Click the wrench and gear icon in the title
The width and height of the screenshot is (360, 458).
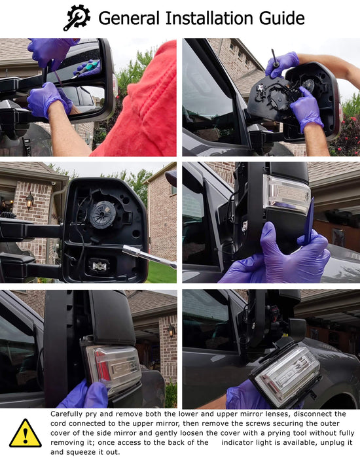77,18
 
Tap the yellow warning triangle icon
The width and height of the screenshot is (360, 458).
26,433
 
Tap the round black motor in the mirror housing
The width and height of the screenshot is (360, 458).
103,215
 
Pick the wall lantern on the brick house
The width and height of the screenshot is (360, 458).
29,200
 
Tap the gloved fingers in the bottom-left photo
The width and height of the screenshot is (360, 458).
85,395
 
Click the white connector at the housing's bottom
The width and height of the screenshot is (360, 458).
99,265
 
